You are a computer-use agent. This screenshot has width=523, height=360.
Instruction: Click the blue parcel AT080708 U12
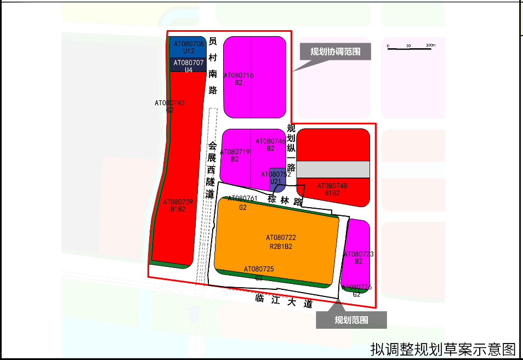coord(189,47)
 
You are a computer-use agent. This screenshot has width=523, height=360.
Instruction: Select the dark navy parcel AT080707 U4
coord(189,66)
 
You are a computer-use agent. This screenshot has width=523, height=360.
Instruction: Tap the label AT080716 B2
coord(238,79)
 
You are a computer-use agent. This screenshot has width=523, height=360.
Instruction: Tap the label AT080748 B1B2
coord(332,189)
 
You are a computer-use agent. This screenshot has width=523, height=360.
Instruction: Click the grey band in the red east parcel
coord(333,169)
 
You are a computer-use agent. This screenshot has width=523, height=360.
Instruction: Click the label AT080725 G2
coord(259,273)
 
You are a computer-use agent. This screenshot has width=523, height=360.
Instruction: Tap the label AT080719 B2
coord(235,155)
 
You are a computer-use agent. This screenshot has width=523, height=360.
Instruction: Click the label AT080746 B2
coord(270,145)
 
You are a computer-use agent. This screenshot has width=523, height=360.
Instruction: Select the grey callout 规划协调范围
coord(336,52)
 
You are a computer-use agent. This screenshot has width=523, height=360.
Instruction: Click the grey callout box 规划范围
coord(351,319)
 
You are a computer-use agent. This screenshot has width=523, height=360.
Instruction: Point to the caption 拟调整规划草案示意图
coord(443,348)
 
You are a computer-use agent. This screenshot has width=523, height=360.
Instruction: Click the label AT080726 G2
coord(356,290)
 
